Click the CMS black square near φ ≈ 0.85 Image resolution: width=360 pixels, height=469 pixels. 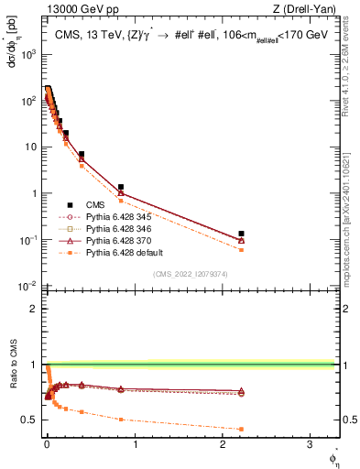click(121, 187)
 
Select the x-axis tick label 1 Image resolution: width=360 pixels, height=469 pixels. click(136, 446)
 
